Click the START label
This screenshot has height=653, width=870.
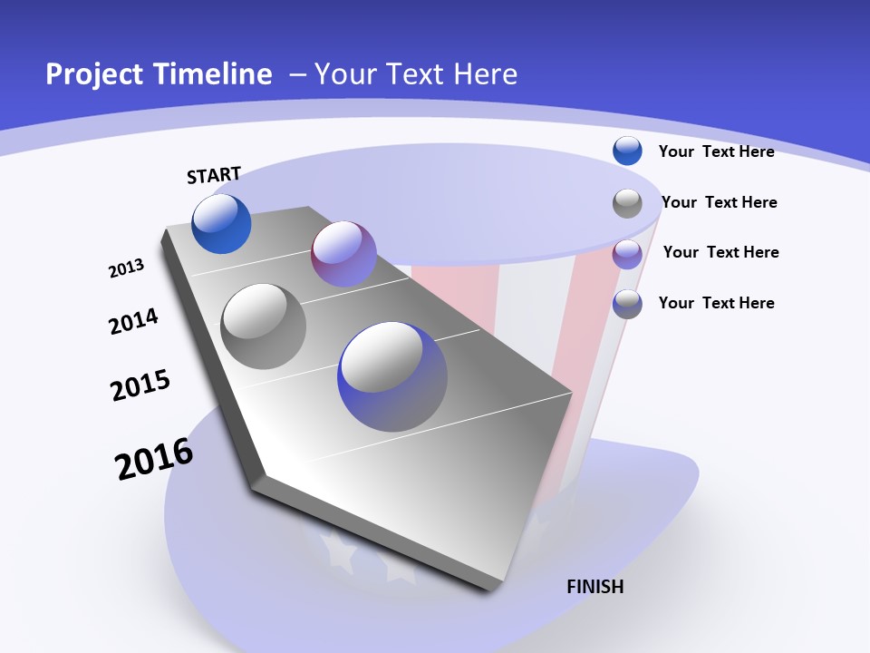[x=214, y=175]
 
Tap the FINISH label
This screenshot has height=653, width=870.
[x=595, y=587]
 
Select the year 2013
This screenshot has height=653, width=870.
[x=127, y=268]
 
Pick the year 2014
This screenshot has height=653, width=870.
[x=134, y=322]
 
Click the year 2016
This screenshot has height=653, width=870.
[x=155, y=459]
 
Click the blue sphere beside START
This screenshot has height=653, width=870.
[x=221, y=223]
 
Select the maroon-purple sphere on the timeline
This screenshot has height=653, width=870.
[x=343, y=254]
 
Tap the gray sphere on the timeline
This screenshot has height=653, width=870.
[x=264, y=326]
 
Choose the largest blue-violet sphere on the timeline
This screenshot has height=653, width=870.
[x=392, y=376]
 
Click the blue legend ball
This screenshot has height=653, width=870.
[x=627, y=151]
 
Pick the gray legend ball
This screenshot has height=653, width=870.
[x=627, y=203]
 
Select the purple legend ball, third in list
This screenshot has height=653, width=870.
[x=627, y=254]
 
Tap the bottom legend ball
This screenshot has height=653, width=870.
[x=627, y=305]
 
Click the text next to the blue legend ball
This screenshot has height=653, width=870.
[x=716, y=151]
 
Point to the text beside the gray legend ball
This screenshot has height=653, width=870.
[x=719, y=202]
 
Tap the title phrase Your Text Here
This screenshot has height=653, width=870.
[x=416, y=74]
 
